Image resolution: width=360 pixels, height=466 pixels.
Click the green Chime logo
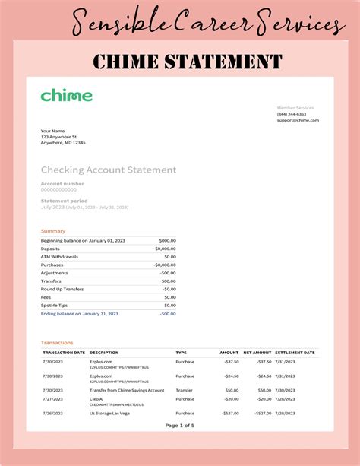(67, 96)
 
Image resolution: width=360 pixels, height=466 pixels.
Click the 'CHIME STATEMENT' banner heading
(187, 62)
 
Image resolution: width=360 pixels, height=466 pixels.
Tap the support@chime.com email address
(298, 120)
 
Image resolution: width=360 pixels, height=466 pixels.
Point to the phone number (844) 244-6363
(292, 114)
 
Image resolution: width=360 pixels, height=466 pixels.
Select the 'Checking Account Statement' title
(108, 170)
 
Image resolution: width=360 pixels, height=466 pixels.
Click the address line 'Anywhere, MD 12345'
(63, 143)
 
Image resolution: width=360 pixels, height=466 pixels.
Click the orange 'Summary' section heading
(53, 230)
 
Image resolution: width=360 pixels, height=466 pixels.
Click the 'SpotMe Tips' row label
(55, 305)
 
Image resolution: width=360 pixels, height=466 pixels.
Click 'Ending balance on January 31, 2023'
(80, 313)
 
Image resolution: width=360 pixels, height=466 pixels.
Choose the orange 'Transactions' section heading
(57, 343)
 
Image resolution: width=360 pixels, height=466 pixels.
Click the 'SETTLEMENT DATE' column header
(295, 353)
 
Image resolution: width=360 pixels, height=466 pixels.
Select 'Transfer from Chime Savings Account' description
(127, 390)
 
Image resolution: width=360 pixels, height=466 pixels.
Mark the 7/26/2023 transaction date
(53, 414)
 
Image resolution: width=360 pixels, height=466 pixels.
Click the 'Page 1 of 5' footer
(180, 425)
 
